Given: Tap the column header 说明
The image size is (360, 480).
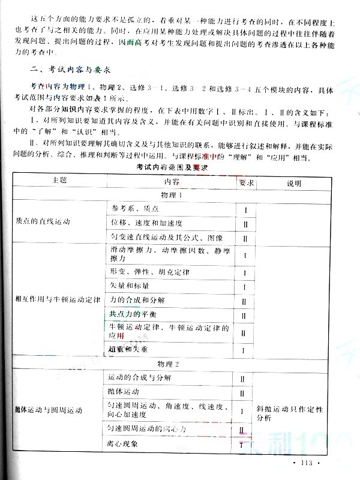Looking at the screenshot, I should click(293, 181).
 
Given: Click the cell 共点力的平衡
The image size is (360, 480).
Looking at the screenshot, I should click(133, 315).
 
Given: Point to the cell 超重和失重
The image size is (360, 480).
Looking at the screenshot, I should click(128, 349).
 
